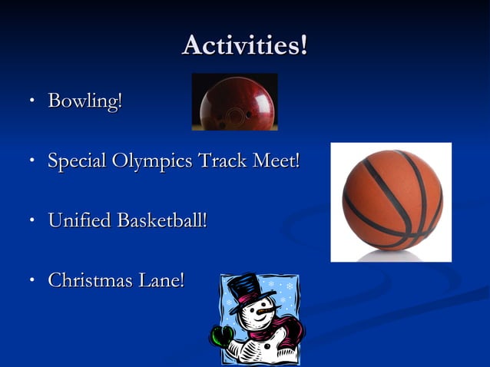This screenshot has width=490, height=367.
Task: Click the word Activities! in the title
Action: pos(244,45)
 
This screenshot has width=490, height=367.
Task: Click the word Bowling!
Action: pos(84,101)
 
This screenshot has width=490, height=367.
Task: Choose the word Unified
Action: pos(79,220)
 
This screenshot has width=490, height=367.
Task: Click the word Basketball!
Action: pos(162,220)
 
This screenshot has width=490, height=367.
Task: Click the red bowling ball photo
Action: pos(234,102)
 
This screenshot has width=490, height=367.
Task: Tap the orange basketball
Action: pos(392,200)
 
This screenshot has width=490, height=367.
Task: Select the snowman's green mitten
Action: pos(223,336)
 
